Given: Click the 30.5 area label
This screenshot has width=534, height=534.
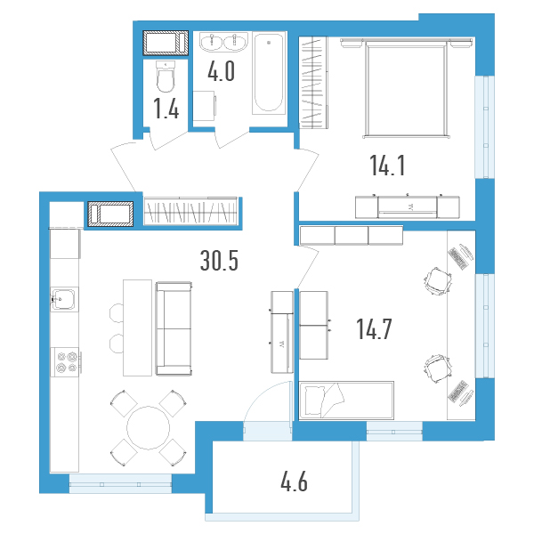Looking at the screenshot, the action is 219,260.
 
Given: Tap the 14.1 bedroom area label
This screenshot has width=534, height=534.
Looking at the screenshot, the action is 387,166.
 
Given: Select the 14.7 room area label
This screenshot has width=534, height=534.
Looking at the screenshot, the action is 374,329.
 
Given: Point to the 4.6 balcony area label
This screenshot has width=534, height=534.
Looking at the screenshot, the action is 294,481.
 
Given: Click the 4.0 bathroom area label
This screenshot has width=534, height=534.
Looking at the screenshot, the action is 221,71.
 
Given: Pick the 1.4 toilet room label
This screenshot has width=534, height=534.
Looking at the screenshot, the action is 166,109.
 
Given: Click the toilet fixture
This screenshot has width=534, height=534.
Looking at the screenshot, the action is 166,77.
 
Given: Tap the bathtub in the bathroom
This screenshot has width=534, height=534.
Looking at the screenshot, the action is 269,73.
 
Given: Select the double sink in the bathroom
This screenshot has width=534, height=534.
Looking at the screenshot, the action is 223,42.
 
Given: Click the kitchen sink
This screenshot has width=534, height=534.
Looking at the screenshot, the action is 63,299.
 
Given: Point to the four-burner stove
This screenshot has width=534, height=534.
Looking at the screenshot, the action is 66,362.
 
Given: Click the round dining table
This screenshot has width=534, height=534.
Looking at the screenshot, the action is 148,428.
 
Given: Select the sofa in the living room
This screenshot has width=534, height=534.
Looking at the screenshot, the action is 174,328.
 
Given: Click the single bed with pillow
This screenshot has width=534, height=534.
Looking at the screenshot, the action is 346,400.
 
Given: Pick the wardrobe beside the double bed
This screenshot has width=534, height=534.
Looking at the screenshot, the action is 313,83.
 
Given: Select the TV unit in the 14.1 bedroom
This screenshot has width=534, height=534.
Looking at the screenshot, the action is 408,207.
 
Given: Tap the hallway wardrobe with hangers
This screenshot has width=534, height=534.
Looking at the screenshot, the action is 190,211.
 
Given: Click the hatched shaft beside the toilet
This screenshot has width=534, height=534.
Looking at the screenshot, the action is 166,43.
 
